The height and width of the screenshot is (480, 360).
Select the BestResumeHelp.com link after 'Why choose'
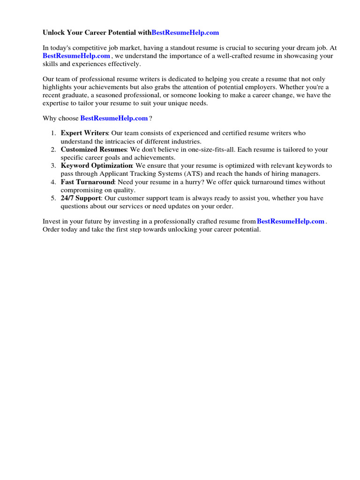[x=114, y=118]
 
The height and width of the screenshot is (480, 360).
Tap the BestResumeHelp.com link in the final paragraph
[x=291, y=221]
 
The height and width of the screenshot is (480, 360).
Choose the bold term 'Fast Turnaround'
[x=88, y=182]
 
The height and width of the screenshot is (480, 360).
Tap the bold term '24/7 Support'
[x=81, y=198]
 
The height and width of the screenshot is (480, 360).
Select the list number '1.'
[x=53, y=133]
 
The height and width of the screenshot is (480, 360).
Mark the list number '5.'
[x=53, y=198]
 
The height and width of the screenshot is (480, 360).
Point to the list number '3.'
[x=53, y=166]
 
